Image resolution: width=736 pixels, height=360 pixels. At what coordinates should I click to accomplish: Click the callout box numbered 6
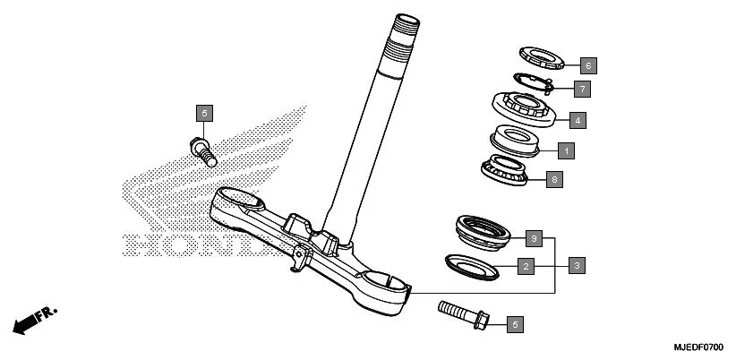(x=587, y=65)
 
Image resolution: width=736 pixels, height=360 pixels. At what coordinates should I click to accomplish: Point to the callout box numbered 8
(x=554, y=180)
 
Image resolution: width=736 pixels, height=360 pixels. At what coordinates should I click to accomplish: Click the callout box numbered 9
(x=533, y=238)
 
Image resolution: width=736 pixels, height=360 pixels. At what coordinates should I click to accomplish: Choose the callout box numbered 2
(x=526, y=266)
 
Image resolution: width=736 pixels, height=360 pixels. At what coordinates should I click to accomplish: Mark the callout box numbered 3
(x=578, y=265)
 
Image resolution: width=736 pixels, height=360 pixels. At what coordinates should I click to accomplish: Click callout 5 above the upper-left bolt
(x=204, y=113)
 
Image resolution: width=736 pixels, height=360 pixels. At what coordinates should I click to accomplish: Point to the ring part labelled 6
(x=543, y=56)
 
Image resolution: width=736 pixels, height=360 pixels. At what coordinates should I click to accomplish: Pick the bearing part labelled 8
(x=507, y=169)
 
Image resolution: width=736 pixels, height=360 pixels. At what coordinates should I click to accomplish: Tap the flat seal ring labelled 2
(x=471, y=265)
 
